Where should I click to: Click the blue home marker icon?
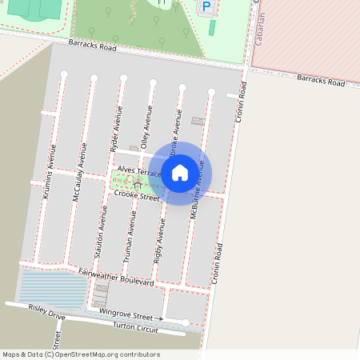(x=180, y=172)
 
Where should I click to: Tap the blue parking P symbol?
(x=206, y=7)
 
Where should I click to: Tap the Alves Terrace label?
(x=139, y=172)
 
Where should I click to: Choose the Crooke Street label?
(x=137, y=195)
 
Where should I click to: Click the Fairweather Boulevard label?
(x=116, y=277)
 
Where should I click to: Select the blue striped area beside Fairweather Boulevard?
(x=52, y=290)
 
